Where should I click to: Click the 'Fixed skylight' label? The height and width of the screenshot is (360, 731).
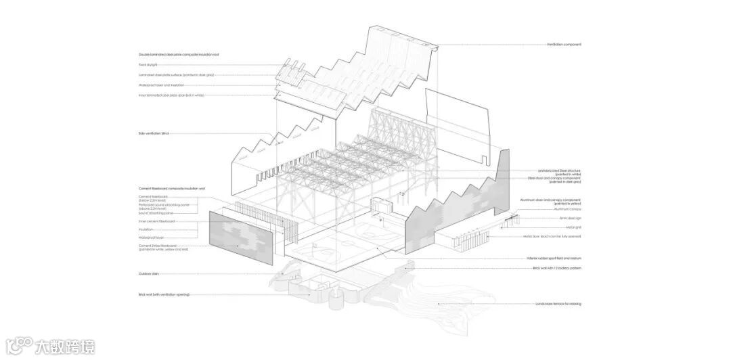click(148, 65)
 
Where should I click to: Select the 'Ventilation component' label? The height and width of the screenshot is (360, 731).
click(564, 45)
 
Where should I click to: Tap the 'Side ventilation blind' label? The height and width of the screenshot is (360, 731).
click(153, 133)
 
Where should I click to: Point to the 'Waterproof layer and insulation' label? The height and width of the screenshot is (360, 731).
click(161, 85)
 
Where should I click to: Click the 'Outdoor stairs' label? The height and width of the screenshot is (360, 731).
click(147, 274)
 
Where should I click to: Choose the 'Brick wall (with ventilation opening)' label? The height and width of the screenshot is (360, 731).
click(163, 295)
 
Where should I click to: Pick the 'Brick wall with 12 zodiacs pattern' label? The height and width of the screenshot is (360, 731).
click(556, 268)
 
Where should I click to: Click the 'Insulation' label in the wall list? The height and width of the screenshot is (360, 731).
click(146, 229)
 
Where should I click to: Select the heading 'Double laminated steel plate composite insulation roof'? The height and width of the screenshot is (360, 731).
click(179, 54)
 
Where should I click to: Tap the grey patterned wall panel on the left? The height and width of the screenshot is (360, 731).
click(241, 237)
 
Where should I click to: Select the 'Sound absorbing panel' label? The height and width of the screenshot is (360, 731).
click(153, 213)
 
